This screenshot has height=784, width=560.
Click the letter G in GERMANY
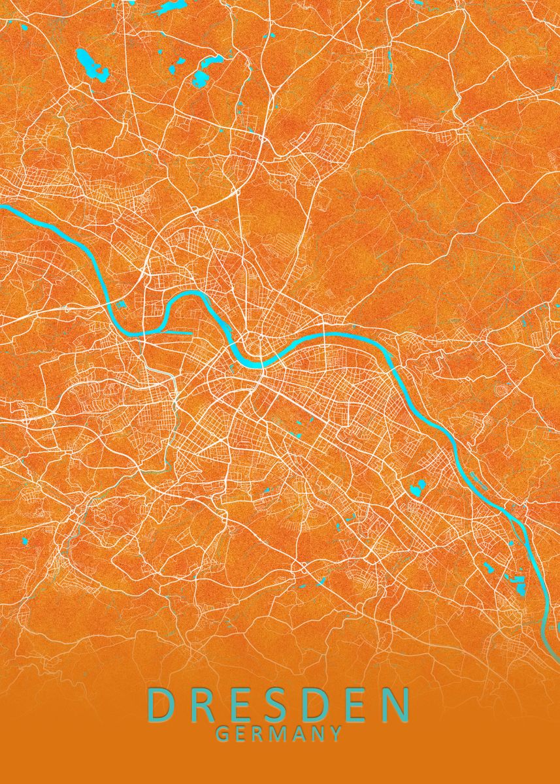point(222,734)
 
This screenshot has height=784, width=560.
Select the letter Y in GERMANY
point(335,734)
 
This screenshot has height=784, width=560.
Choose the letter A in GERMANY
point(297,734)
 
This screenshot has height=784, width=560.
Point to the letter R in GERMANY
point(257,734)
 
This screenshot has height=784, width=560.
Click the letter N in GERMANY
point(317,734)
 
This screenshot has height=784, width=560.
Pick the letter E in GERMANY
point(240,734)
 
